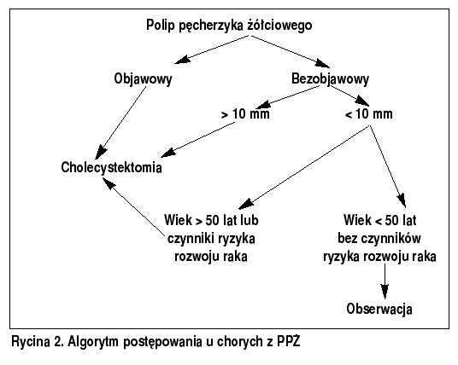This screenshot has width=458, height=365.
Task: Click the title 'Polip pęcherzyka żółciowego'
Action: point(229,26)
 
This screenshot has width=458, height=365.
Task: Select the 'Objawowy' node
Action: point(144,79)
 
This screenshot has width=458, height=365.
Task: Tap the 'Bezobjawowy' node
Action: point(331,79)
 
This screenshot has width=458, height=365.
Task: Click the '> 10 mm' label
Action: point(245,113)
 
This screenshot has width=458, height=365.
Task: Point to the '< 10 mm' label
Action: point(368,113)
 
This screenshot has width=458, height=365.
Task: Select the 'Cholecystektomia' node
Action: point(111,168)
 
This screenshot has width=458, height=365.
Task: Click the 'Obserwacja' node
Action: point(379,309)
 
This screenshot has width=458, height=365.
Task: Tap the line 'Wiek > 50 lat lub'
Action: point(211,220)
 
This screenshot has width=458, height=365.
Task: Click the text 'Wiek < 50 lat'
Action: point(380,220)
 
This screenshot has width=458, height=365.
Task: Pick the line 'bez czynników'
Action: point(379,239)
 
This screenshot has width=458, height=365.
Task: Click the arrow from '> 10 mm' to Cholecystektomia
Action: point(198,140)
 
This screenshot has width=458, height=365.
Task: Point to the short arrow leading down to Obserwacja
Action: point(385,281)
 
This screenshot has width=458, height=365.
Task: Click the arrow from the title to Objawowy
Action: point(213,49)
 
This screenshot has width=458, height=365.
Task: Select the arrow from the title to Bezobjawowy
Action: point(291,51)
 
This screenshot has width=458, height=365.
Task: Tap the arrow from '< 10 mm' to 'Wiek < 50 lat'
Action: point(388,166)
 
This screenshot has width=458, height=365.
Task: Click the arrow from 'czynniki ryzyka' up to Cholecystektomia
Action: point(134,206)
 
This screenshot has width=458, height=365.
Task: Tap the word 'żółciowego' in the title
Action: point(279,26)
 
